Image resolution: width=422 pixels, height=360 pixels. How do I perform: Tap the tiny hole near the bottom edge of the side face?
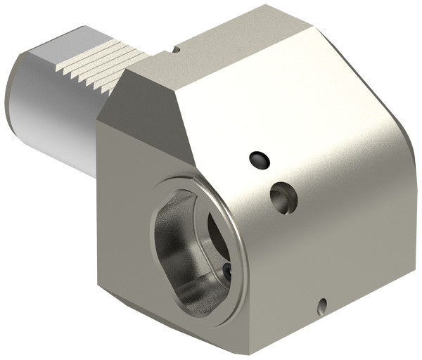(x=322, y=304)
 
